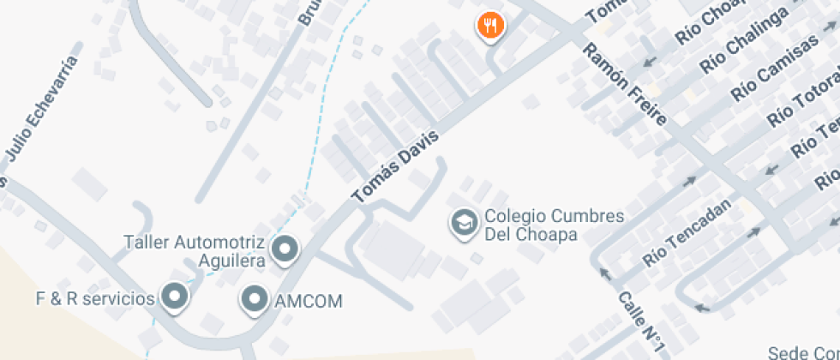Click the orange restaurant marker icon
point(490,26)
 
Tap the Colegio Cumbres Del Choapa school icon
point(464,223)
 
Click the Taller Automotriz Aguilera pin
point(284,249)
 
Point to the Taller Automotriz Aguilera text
point(195,250)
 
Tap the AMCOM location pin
point(254,300)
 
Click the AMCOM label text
point(309,301)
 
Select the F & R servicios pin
point(176,297)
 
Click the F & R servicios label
point(94,298)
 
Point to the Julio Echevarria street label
point(42,109)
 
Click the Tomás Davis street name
point(396,167)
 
